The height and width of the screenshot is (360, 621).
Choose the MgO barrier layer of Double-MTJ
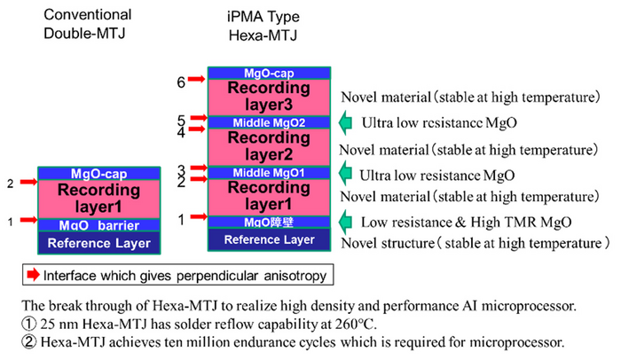coord(98,224)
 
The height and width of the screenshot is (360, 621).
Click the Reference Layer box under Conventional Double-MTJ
coord(98,242)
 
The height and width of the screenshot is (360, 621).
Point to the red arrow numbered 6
coord(196,81)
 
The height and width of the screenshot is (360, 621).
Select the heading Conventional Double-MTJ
coord(86,23)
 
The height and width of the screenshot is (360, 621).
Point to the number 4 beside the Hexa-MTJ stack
coord(181,132)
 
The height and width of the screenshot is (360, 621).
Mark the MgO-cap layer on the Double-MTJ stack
coord(98,173)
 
